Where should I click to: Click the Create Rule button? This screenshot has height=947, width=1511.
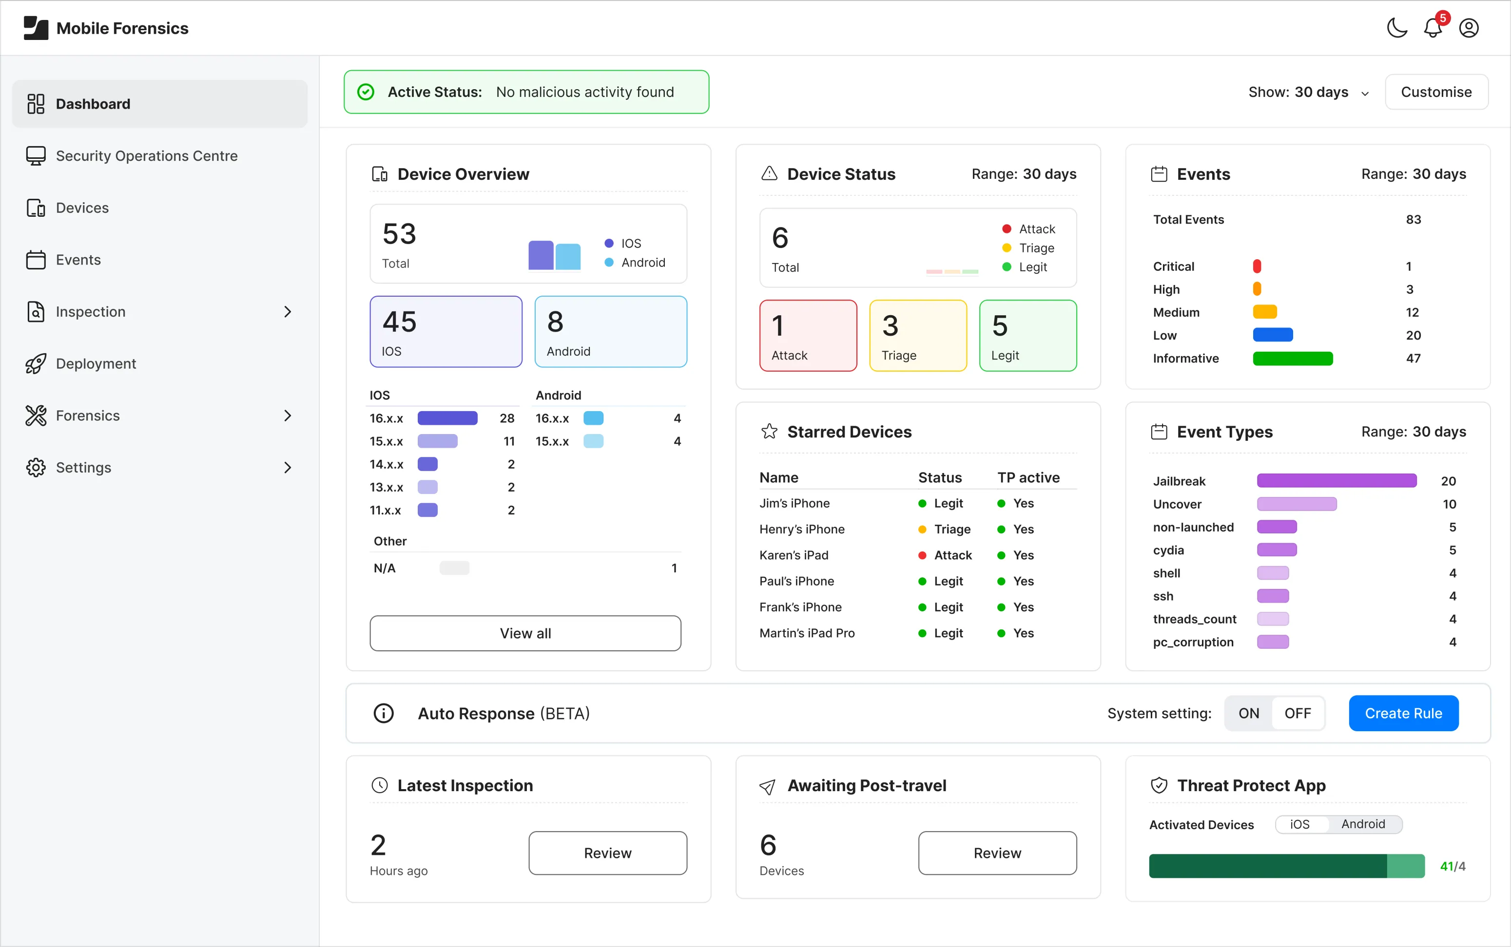tap(1403, 713)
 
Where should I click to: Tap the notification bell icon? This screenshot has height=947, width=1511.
tap(1433, 28)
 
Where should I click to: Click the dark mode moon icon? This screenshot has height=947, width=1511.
tap(1396, 28)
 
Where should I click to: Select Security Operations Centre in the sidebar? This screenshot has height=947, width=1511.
tap(146, 156)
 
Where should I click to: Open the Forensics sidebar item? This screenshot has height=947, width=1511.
tap(88, 416)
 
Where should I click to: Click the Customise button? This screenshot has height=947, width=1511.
tap(1436, 92)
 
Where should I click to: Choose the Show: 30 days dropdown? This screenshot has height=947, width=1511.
tap(1308, 93)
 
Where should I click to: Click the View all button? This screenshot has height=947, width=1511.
tap(525, 633)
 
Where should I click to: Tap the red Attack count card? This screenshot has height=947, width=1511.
tap(808, 336)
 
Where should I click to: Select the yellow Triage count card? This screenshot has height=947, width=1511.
tap(917, 336)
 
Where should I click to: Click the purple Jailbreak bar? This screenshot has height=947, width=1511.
tap(1336, 481)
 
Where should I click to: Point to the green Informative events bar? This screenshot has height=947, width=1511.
tap(1292, 358)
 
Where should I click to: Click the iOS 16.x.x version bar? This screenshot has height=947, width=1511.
tap(447, 418)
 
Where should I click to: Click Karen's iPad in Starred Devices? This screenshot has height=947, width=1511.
tap(794, 555)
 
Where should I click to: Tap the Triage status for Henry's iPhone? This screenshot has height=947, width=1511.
tap(951, 529)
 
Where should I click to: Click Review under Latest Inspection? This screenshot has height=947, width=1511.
tap(607, 853)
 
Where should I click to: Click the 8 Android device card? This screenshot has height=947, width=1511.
tap(610, 332)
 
